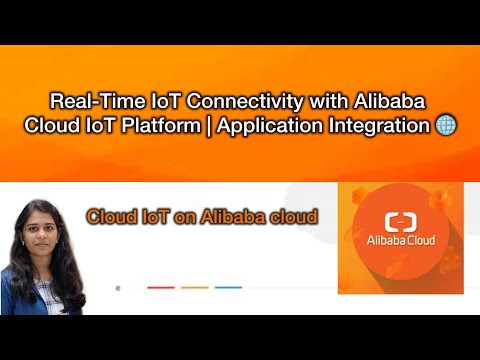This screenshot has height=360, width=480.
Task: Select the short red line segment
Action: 161,287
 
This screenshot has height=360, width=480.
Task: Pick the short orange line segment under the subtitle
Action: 194,287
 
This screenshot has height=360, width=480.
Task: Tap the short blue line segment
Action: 228,287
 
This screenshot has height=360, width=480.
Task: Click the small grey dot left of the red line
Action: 118,288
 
